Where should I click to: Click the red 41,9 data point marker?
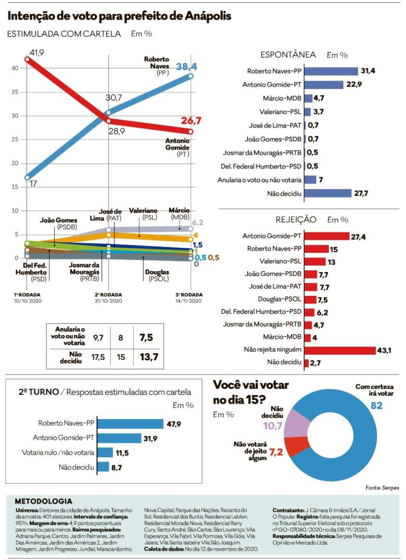coord(27,59)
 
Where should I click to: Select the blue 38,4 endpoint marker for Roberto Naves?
coord(191,76)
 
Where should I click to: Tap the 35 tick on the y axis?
coord(14,92)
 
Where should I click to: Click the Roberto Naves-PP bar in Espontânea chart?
coord(331,71)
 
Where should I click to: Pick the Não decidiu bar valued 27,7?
coord(328,193)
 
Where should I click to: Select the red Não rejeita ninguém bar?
coord(340,350)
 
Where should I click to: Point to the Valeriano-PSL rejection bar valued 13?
coord(315,262)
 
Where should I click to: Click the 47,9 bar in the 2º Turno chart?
coord(130,424)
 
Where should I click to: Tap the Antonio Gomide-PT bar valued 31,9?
coord(119,438)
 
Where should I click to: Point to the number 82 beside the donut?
coord(376,405)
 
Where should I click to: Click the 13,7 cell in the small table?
coord(149,356)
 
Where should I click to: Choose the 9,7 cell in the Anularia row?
coord(98,338)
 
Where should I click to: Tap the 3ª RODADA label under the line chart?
coord(189,294)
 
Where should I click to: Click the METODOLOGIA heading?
coord(43,501)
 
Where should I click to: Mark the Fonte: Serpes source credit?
coord(382,488)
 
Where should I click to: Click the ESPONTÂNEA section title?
coord(288,55)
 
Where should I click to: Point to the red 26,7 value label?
coord(191,120)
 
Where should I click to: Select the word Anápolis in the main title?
coord(208,16)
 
